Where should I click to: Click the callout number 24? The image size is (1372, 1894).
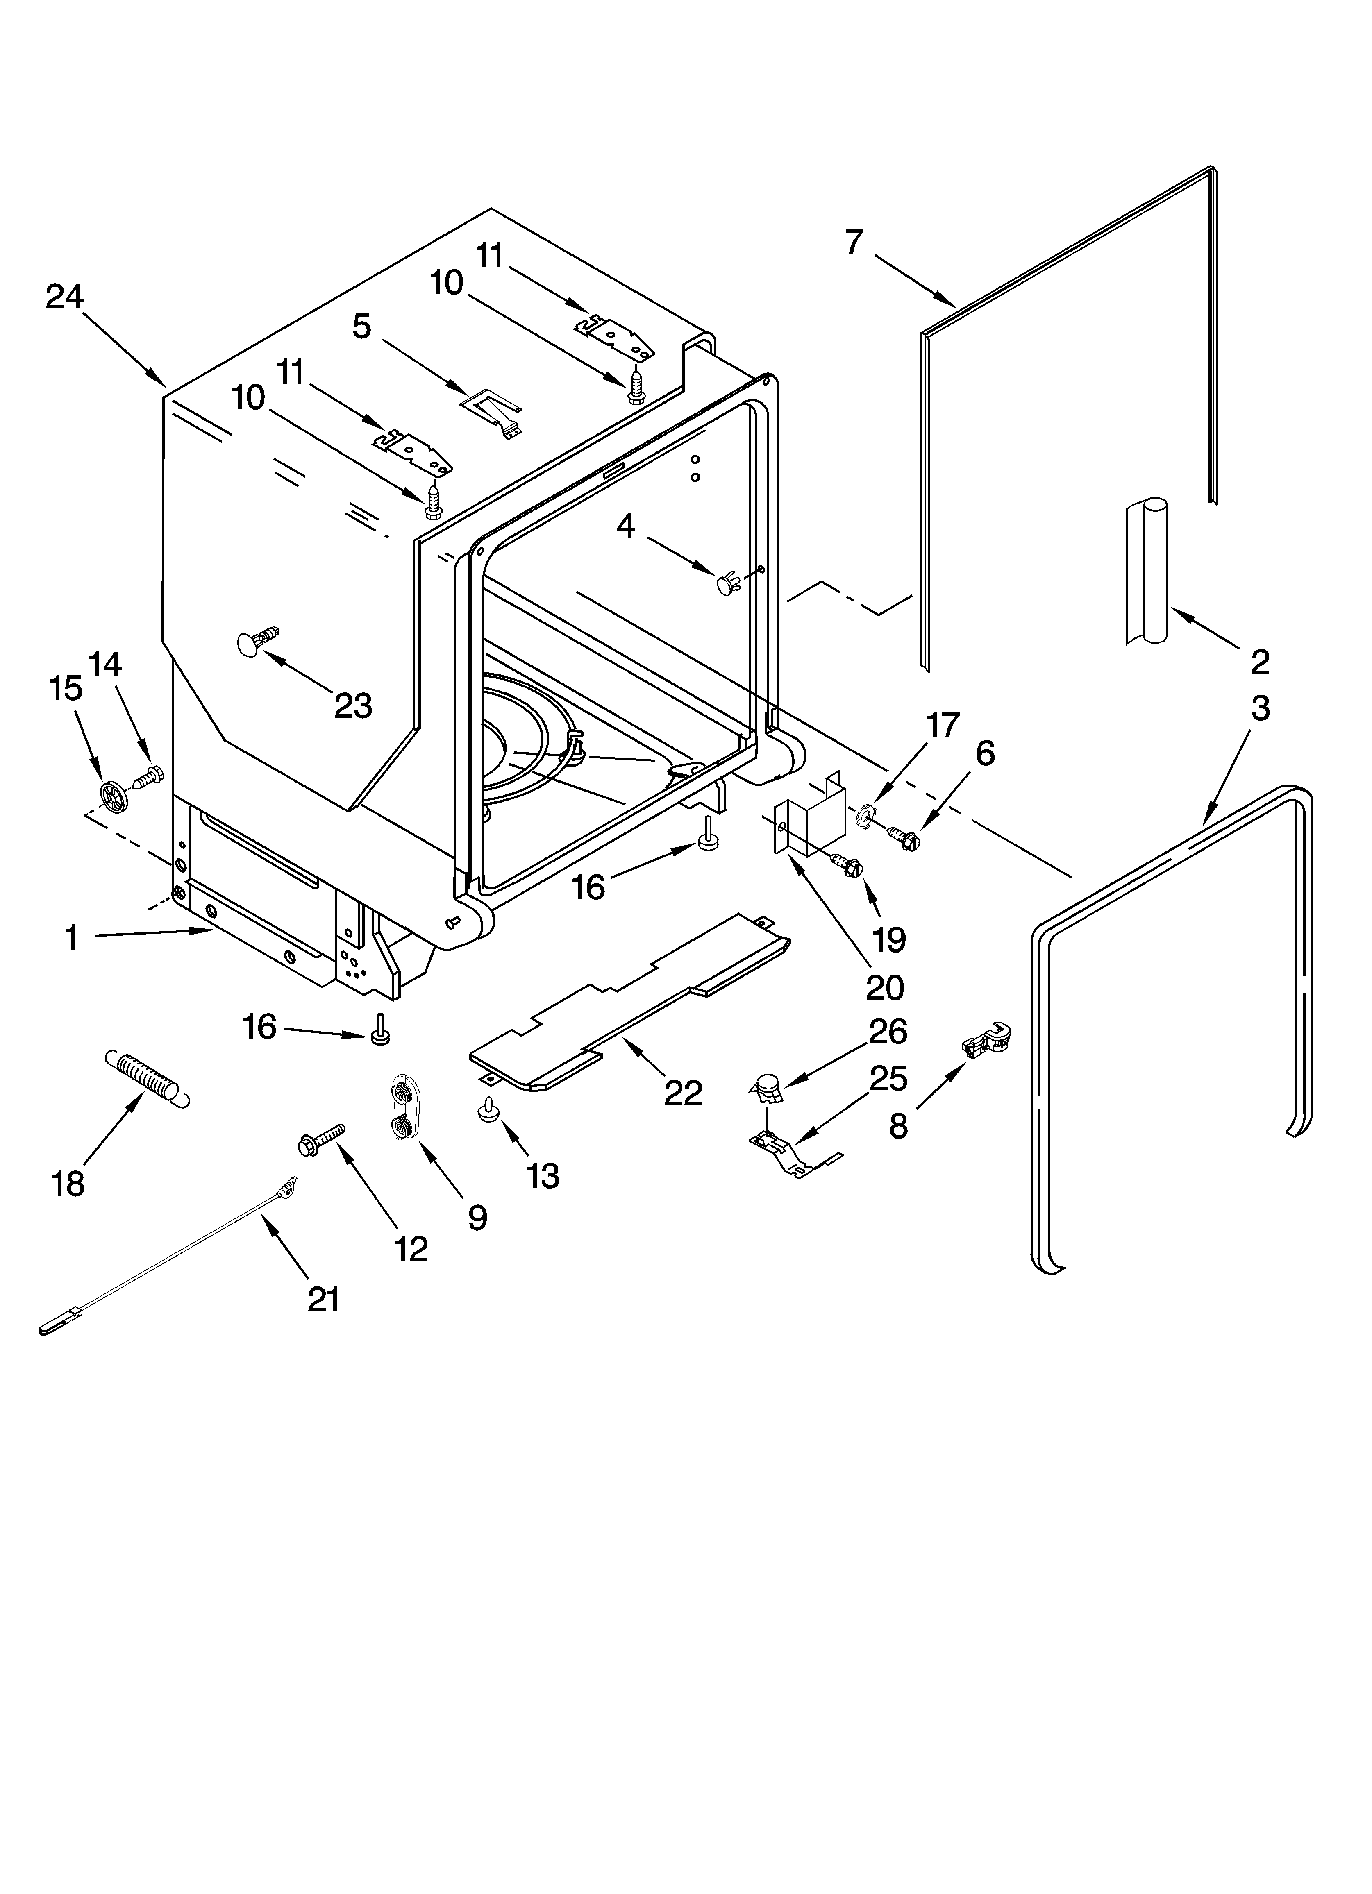tap(64, 297)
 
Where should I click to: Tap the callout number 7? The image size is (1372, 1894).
tap(852, 242)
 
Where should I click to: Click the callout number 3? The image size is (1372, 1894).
tap(1259, 708)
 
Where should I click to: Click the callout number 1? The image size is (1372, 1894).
tap(72, 938)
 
